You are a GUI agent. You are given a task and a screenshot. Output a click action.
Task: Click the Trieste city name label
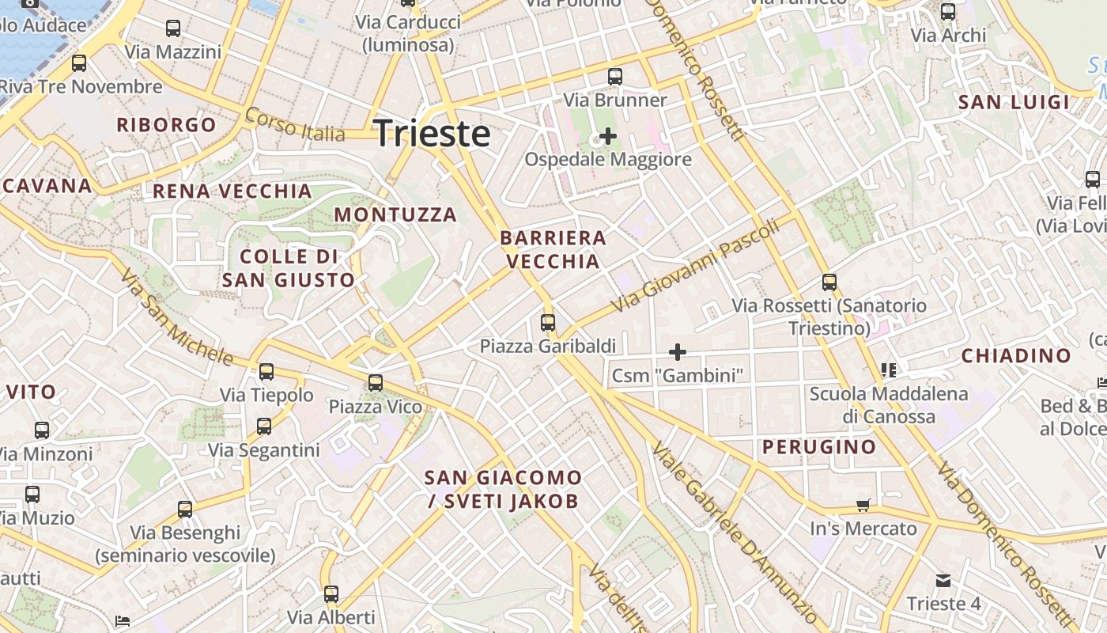(x=432, y=133)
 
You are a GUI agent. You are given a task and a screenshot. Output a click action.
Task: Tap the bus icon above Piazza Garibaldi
(x=547, y=323)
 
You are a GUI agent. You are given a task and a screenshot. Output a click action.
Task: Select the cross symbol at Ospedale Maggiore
(x=607, y=136)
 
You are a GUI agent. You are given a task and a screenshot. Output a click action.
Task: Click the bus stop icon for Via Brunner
(x=614, y=77)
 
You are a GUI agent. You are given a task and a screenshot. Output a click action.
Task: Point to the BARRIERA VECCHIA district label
(x=553, y=249)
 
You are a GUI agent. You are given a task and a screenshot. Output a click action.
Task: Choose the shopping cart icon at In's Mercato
(x=863, y=505)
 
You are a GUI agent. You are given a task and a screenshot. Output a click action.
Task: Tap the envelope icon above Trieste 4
(x=943, y=581)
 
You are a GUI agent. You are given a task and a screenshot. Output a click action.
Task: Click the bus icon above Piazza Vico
(x=375, y=383)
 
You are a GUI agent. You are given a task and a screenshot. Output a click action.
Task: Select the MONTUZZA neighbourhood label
(x=395, y=214)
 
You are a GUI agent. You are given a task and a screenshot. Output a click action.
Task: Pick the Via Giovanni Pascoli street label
(x=696, y=265)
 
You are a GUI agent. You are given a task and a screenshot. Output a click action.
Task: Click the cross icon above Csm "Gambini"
(x=677, y=352)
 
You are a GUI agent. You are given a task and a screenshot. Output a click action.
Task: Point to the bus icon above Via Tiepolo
(x=266, y=371)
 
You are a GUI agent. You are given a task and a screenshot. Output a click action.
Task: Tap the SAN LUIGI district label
(x=1014, y=102)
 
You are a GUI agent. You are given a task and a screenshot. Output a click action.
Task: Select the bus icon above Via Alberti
(x=331, y=593)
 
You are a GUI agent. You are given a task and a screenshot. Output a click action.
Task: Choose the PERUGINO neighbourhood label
(x=819, y=447)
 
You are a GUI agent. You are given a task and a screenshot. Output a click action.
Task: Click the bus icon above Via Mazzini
(x=173, y=28)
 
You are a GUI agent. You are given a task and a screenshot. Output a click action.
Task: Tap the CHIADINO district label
(x=1016, y=356)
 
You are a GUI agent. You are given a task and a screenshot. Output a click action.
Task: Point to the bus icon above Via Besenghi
(x=185, y=509)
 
